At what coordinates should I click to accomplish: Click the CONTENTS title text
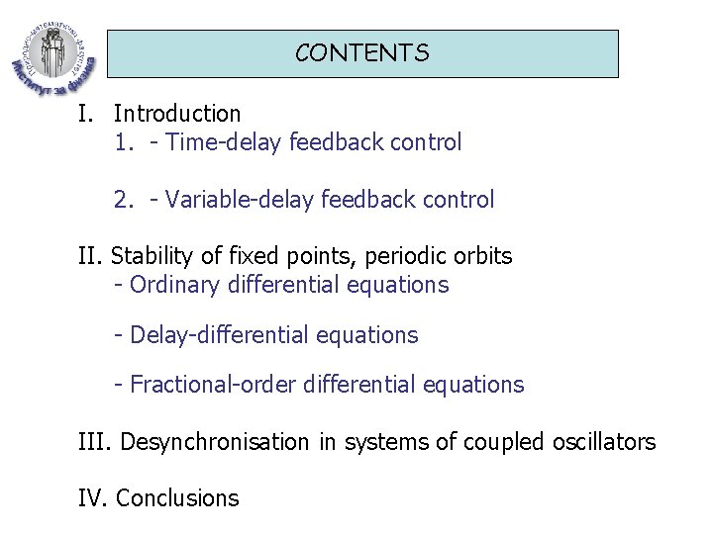[361, 53]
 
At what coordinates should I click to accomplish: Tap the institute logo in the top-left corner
[51, 48]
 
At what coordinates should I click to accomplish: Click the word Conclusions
[177, 498]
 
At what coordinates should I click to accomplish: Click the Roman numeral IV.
[92, 498]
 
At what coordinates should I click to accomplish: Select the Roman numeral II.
[90, 256]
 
